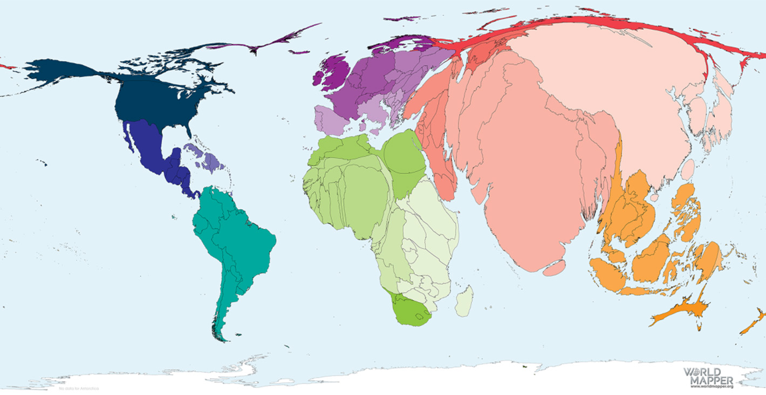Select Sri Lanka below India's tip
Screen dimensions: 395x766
(554, 268)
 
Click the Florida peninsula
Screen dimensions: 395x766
(189, 130)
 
